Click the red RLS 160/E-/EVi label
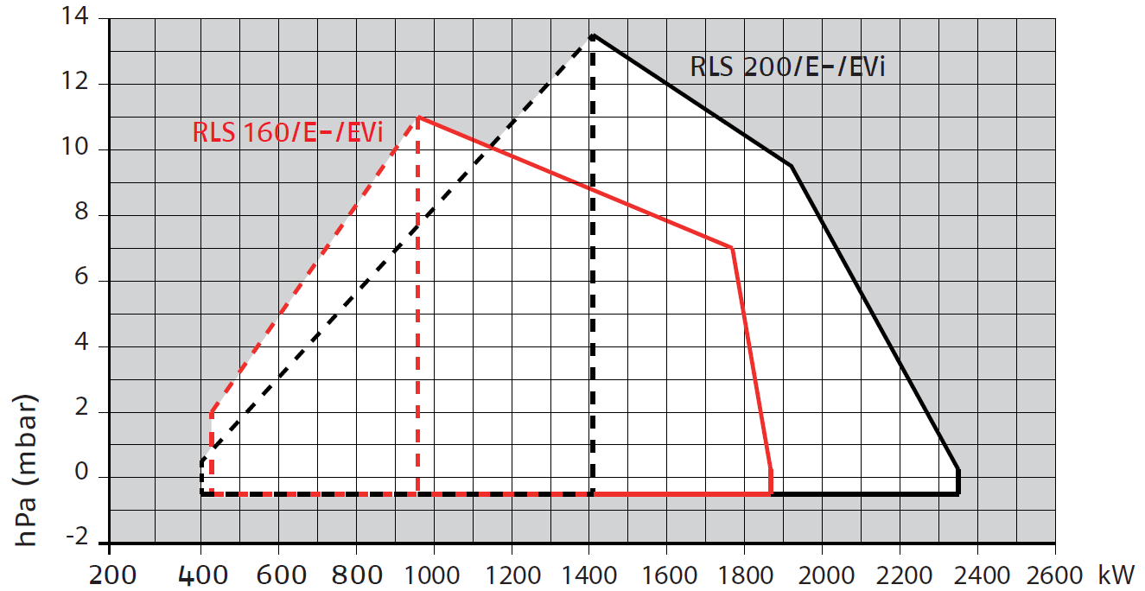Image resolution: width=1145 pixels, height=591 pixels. pos(287,132)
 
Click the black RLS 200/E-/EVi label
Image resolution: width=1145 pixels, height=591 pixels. pos(787,67)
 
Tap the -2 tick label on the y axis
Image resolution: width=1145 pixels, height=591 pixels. pos(78,537)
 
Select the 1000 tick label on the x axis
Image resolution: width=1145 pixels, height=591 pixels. pos(432,576)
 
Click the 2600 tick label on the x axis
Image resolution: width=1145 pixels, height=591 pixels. pos(1054,576)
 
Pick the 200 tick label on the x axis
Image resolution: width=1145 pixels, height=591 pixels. pos(113,576)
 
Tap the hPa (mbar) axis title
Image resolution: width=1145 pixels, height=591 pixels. pos(25,470)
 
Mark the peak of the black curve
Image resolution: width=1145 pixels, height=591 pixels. pos(593,35)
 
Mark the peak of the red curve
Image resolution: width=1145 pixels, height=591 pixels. pos(418,117)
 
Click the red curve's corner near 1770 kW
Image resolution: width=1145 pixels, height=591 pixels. pos(732,248)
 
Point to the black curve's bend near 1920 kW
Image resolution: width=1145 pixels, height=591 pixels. pos(791,166)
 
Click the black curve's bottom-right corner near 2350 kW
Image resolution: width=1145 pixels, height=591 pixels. pos(958,494)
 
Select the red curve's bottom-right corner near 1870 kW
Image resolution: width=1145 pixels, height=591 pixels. pos(771,494)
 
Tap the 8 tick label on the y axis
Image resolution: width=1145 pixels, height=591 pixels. pos(82,212)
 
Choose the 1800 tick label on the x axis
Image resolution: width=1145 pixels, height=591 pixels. pos(745,576)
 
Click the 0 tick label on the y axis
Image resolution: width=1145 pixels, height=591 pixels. pos(82,473)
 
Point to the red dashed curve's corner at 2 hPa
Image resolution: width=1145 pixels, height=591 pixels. pos(212,412)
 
